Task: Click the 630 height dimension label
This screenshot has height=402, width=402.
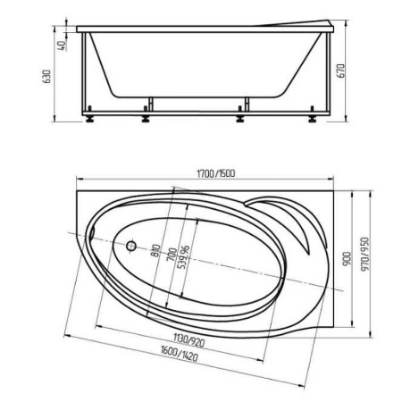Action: tap(47, 77)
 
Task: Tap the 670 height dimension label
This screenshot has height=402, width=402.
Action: tap(341, 71)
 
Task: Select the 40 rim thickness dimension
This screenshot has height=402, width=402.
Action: tap(63, 46)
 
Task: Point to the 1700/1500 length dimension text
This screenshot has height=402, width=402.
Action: tap(216, 173)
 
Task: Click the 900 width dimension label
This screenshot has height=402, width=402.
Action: tap(347, 259)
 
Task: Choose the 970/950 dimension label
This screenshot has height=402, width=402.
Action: tap(364, 254)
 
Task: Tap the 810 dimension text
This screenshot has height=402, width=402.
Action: tap(155, 251)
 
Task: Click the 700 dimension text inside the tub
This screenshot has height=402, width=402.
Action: tap(172, 255)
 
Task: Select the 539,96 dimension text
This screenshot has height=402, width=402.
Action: tap(183, 257)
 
